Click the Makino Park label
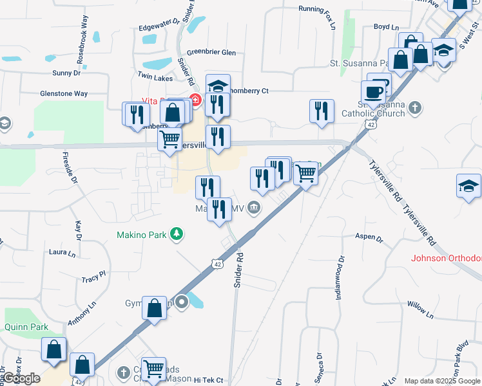point(142,235)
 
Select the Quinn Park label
point(26,327)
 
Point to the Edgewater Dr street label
point(159,26)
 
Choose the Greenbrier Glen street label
point(211,53)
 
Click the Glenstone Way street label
point(64,93)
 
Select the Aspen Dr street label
point(369,237)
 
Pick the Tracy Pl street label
point(93,277)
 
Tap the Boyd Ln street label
point(387,27)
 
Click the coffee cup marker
point(374,91)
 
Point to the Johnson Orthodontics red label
point(447,258)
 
